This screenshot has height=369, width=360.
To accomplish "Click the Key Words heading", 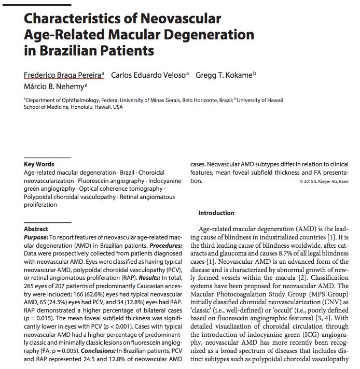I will coord(39,164).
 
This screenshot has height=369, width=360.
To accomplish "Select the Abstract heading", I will coord(36,229).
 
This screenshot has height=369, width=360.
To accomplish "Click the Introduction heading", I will coord(216,213).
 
